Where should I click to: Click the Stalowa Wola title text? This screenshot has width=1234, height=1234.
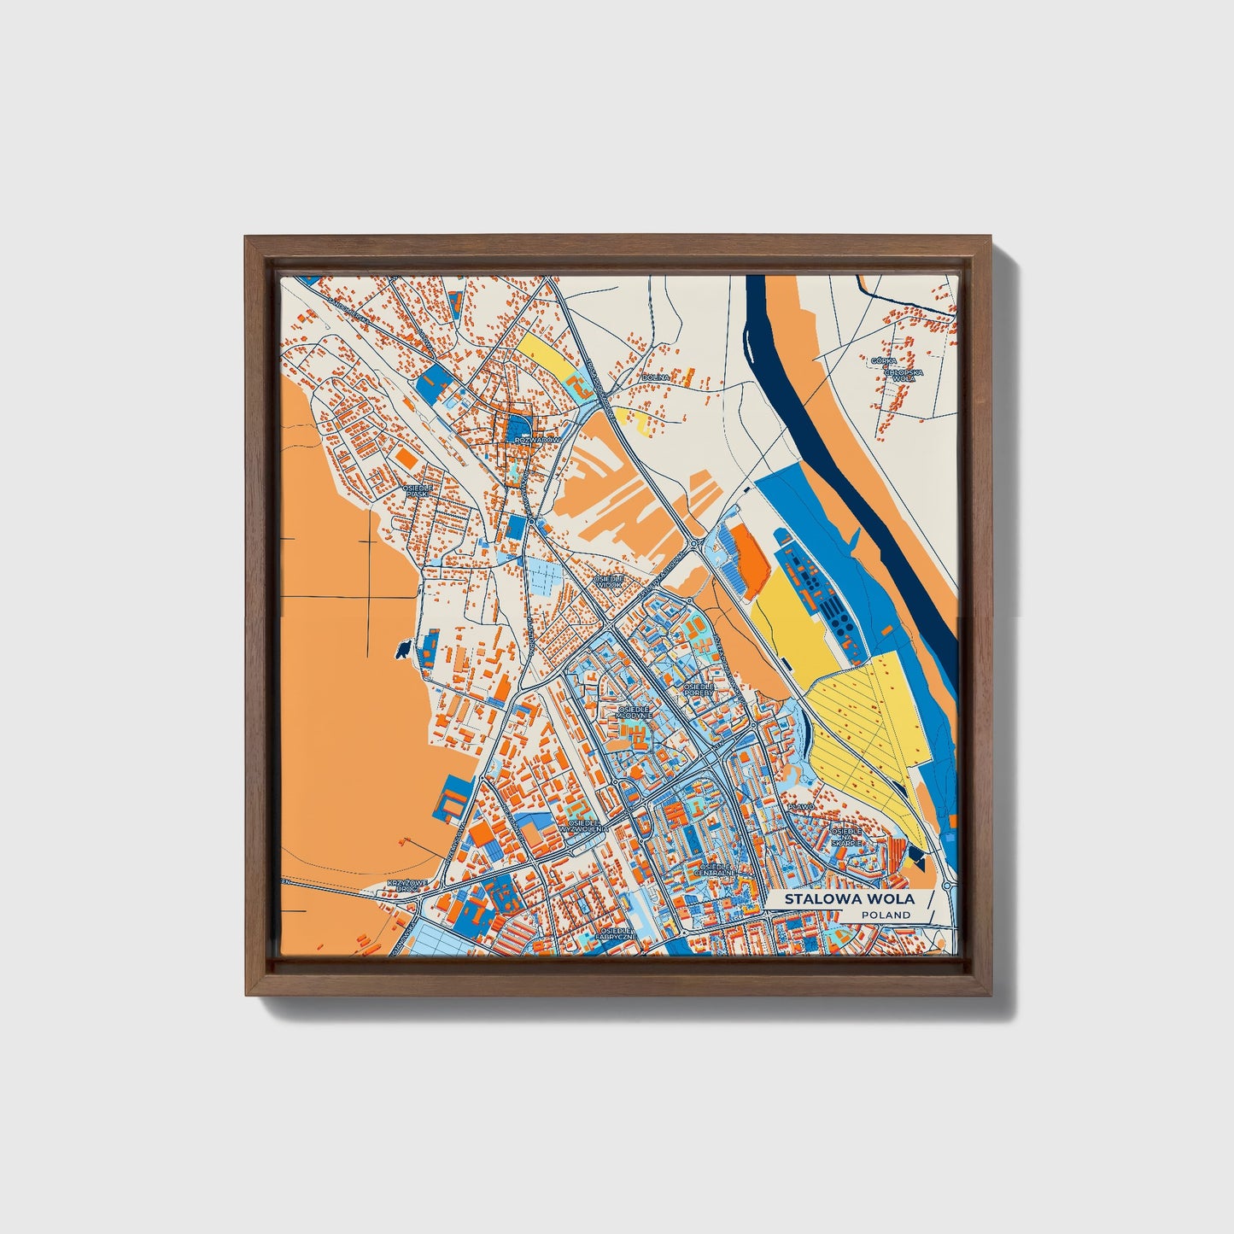coord(849,899)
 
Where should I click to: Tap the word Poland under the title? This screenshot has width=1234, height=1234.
coord(886,915)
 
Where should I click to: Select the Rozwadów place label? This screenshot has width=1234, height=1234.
coord(540,440)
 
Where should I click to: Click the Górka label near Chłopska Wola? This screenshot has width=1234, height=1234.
coord(884,360)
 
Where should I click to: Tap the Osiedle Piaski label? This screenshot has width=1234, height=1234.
coord(418,490)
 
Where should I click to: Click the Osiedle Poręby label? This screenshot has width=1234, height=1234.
coord(699,688)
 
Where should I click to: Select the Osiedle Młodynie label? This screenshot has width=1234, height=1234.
coord(635,711)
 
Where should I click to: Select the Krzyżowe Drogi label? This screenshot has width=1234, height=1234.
coord(403,885)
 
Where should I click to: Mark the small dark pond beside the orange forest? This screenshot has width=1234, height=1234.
coord(401,652)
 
